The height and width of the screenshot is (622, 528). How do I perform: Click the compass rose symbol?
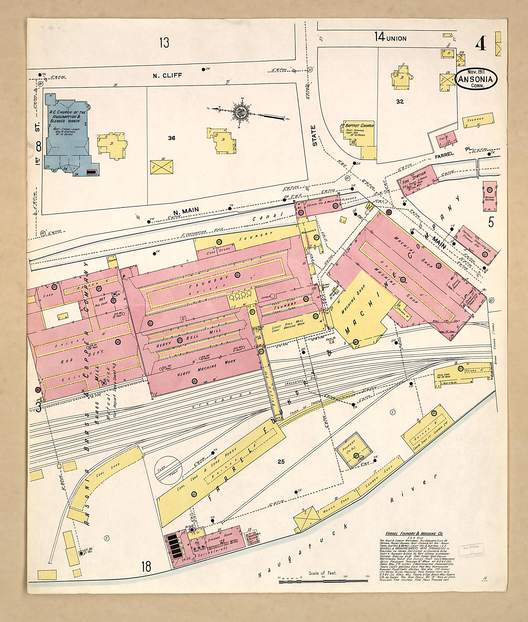240,113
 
